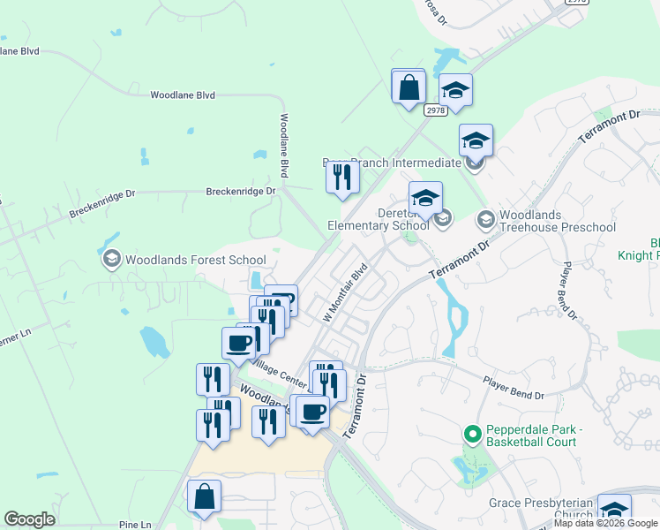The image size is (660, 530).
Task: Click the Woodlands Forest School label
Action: point(195,260)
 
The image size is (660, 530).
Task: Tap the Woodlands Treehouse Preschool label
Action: point(557,222)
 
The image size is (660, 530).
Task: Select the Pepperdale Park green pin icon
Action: point(472,435)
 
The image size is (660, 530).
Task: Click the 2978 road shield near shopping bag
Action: point(435,110)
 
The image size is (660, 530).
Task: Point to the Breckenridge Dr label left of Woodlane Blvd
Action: point(240,191)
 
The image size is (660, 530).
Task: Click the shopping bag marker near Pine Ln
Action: point(205,498)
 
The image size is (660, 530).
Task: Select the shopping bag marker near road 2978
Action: point(409,88)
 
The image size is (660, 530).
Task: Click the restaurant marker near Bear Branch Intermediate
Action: point(342,178)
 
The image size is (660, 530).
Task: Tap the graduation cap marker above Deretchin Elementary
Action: point(425,199)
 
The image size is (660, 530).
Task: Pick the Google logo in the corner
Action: point(29,519)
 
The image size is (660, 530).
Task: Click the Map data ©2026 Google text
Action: point(606,524)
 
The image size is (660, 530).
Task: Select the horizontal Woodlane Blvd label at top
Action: point(183,95)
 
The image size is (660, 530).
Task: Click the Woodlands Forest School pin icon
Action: point(111,260)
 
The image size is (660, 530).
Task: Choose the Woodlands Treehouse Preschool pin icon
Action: point(486,217)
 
